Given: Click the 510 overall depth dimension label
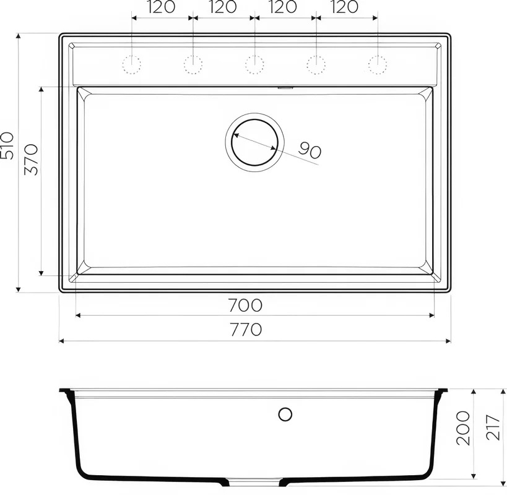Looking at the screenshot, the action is tap(7, 145).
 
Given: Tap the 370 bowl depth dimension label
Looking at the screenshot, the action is tap(32, 160).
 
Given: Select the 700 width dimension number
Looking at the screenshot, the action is tap(245, 305).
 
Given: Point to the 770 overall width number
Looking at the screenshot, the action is tap(246, 330).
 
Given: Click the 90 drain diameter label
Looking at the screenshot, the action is tap(310, 150).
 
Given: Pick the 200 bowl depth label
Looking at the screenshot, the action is tap(462, 428).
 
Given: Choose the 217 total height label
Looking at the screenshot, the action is tap(493, 427).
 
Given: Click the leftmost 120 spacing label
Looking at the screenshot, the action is tap(162, 7).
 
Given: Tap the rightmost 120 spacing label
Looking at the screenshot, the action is tap(344, 7).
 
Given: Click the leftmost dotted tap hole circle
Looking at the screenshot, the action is tap(132, 64).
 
